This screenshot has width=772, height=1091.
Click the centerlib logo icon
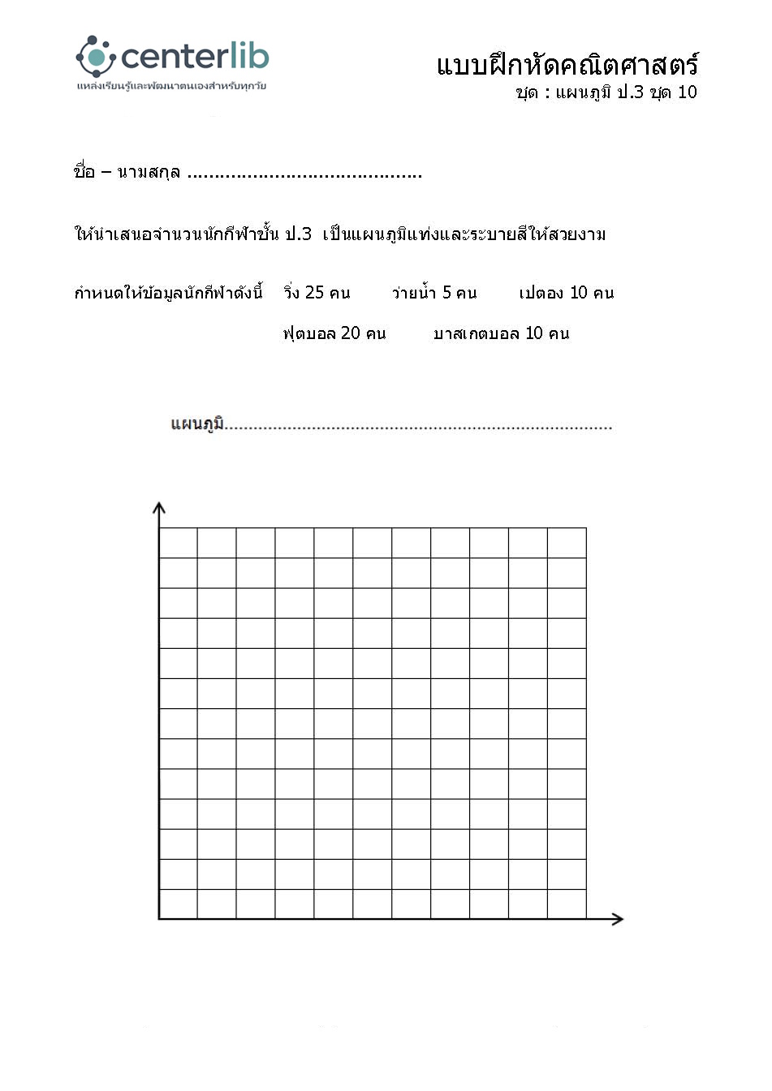[96, 56]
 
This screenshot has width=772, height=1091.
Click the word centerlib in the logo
[195, 57]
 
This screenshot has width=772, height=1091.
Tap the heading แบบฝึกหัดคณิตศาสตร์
[567, 65]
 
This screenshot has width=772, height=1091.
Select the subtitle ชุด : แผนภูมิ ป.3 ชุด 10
[606, 92]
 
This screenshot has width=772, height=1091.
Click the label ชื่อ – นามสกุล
[127, 172]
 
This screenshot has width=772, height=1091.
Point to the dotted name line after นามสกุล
[304, 174]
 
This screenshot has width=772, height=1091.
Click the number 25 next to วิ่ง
[314, 293]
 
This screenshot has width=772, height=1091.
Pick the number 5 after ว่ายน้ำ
[446, 293]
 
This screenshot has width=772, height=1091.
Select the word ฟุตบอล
[309, 333]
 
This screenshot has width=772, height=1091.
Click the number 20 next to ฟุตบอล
[351, 333]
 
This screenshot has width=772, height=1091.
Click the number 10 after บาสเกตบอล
[534, 333]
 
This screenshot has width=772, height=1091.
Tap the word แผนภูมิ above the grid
[197, 424]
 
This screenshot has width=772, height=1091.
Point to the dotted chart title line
[418, 427]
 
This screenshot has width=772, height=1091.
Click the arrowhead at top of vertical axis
[159, 508]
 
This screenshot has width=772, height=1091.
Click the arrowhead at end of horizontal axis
[618, 918]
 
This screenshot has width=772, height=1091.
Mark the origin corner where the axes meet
[159, 918]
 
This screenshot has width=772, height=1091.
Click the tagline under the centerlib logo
[171, 86]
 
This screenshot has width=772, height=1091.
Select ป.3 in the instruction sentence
[298, 234]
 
